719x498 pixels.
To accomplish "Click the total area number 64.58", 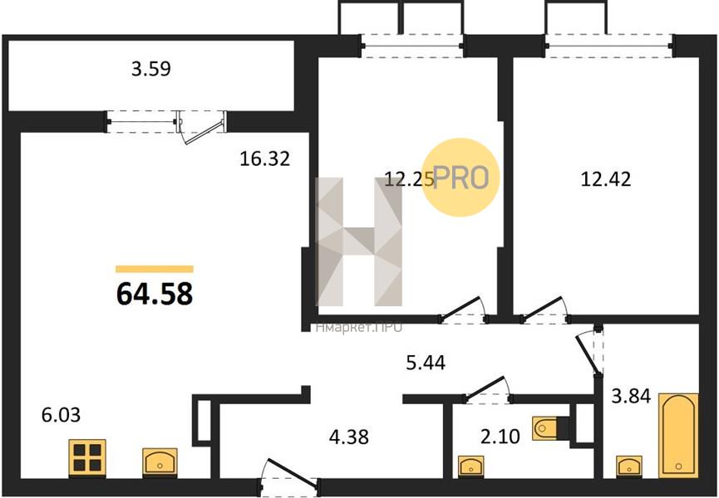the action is coord(155,293).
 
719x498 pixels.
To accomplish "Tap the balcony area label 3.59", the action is coord(150,69).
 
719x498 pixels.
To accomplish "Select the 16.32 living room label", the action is coord(265,159).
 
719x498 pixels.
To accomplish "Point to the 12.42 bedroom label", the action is coord(606,179).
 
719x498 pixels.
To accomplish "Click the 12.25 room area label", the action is coord(409,179).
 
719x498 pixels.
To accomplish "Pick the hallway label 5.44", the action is coord(426,363).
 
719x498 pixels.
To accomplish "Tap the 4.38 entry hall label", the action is coord(349,437).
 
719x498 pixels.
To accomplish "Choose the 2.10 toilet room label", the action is coord(500,437).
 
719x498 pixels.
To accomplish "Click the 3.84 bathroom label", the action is coord(632,396).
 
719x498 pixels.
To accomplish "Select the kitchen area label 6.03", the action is coord(61,415).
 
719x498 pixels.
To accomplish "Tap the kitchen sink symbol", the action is coord(160,462).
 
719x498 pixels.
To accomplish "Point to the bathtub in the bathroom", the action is coord(678,435).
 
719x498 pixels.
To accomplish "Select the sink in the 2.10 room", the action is coord(471,466).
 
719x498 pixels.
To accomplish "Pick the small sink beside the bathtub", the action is coord(628,466).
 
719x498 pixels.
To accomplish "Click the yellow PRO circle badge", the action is coord(460,178).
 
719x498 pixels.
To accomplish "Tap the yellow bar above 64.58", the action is coord(155,269).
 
